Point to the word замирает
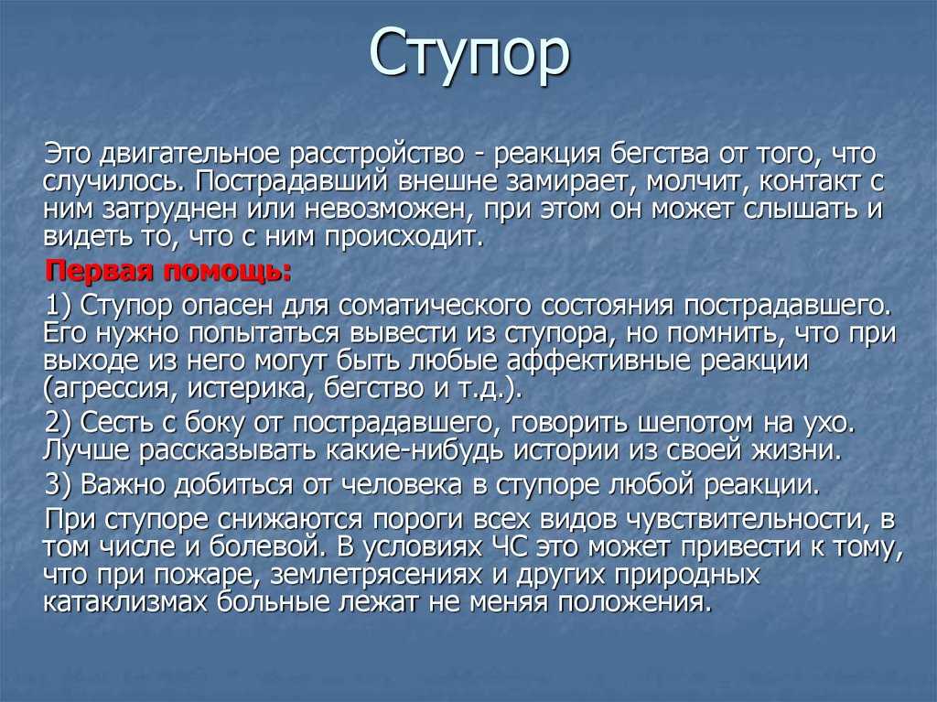tap(571, 181)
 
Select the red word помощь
tap(228, 272)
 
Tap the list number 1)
tap(59, 306)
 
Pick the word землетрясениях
tap(376, 575)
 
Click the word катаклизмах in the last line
tap(124, 602)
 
